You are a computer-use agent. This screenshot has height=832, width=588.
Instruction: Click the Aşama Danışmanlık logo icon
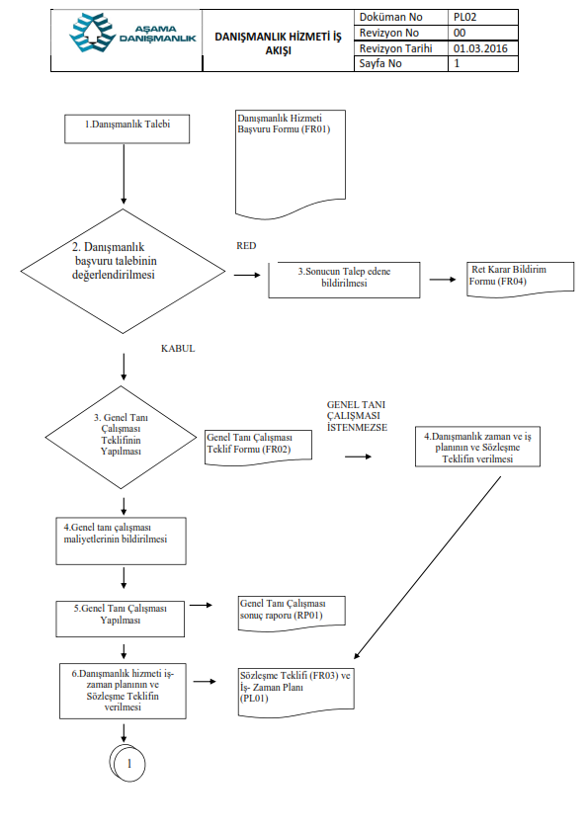click(92, 33)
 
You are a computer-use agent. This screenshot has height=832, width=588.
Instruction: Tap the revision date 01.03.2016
click(480, 48)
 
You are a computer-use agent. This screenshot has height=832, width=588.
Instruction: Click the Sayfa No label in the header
click(379, 63)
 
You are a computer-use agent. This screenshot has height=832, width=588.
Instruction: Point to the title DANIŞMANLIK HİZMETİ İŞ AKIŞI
click(278, 43)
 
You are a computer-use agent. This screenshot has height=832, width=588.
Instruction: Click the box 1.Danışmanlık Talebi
click(126, 128)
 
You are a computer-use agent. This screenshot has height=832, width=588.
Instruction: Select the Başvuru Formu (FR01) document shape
click(291, 164)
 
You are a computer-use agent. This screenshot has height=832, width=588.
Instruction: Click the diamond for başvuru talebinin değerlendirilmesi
click(124, 271)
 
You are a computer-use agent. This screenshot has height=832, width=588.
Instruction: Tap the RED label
click(246, 246)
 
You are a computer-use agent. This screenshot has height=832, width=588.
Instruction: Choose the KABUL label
click(178, 349)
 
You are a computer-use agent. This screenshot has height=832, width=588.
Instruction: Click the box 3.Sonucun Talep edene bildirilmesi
click(344, 280)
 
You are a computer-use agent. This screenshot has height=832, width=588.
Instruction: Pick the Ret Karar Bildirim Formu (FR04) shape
click(520, 279)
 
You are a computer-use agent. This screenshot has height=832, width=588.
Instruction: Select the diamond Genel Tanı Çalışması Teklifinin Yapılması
click(121, 437)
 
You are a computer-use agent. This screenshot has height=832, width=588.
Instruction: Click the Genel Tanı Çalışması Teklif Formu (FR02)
click(259, 448)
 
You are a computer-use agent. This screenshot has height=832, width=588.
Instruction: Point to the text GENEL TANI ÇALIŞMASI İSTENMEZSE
click(357, 416)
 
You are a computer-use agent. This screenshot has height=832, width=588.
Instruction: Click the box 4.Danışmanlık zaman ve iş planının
click(477, 447)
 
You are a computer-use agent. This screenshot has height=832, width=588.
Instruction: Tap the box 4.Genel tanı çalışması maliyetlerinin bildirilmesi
click(121, 541)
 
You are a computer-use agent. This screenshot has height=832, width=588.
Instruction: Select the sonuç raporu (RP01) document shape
click(292, 614)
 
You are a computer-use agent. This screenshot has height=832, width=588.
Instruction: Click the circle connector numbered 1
click(127, 763)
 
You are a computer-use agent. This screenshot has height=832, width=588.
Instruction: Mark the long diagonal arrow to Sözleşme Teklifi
click(427, 568)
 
